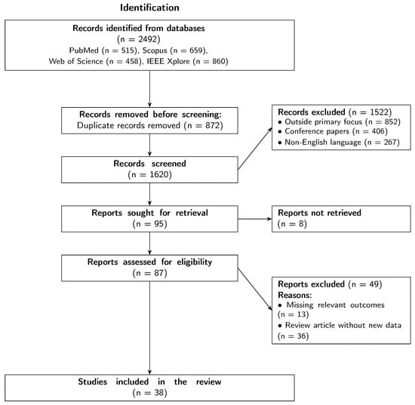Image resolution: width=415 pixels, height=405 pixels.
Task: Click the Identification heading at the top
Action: click(x=149, y=8)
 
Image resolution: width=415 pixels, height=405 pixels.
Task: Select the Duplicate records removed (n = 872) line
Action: click(x=149, y=124)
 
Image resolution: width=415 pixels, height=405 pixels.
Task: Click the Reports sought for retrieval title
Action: click(x=149, y=213)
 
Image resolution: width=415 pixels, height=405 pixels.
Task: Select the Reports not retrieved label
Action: click(x=319, y=213)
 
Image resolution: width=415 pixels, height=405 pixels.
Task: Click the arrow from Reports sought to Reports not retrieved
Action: click(x=255, y=219)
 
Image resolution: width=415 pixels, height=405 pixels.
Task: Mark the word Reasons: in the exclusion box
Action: click(x=296, y=296)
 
